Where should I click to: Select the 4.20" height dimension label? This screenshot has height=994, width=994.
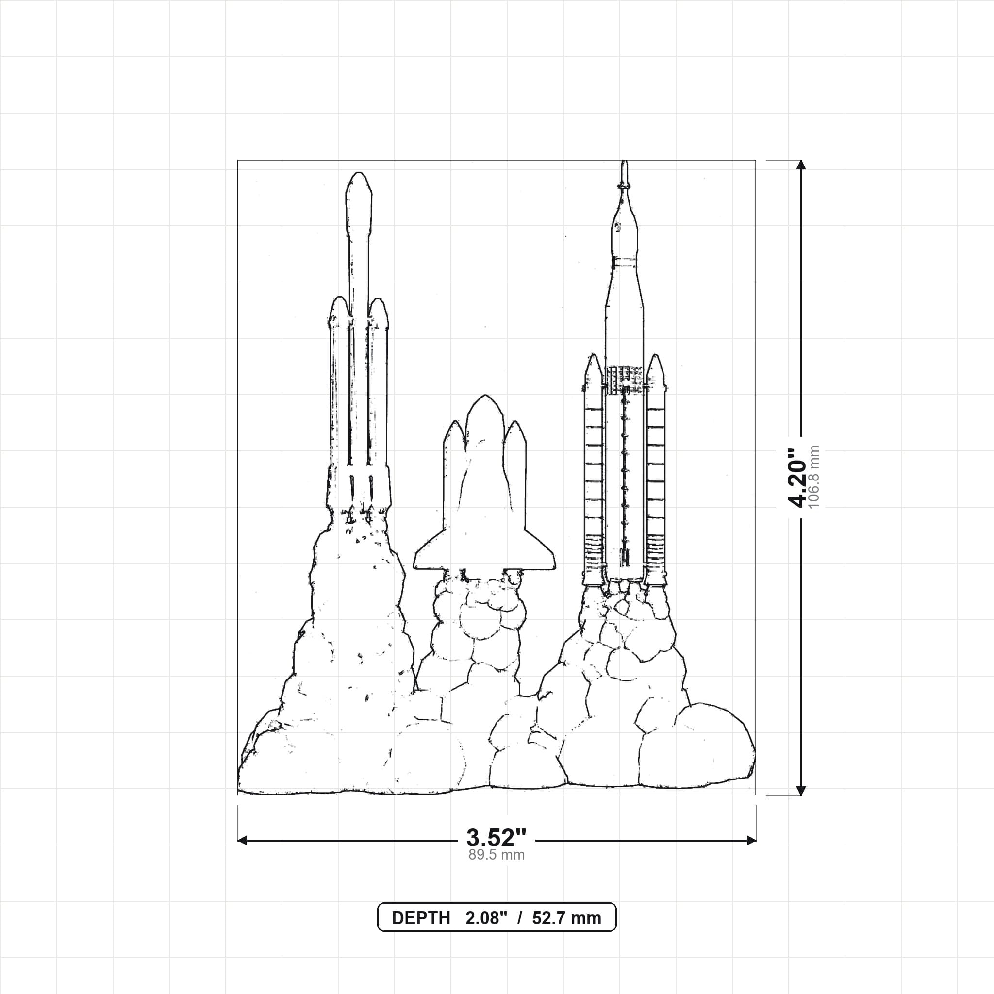tap(798, 478)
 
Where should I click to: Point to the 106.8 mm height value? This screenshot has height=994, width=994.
tap(814, 477)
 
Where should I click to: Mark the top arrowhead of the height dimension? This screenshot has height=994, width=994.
tap(800, 165)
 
